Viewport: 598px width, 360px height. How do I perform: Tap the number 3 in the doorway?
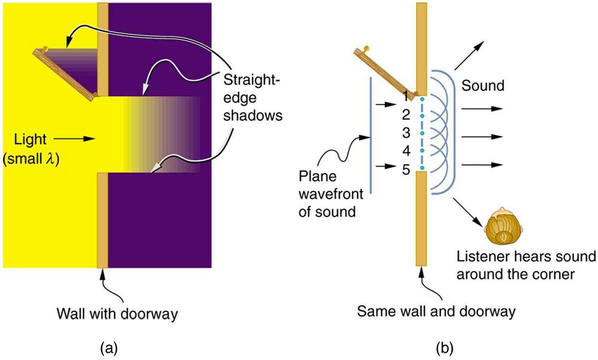(x=405, y=132)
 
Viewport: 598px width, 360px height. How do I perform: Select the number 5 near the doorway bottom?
(x=405, y=169)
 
